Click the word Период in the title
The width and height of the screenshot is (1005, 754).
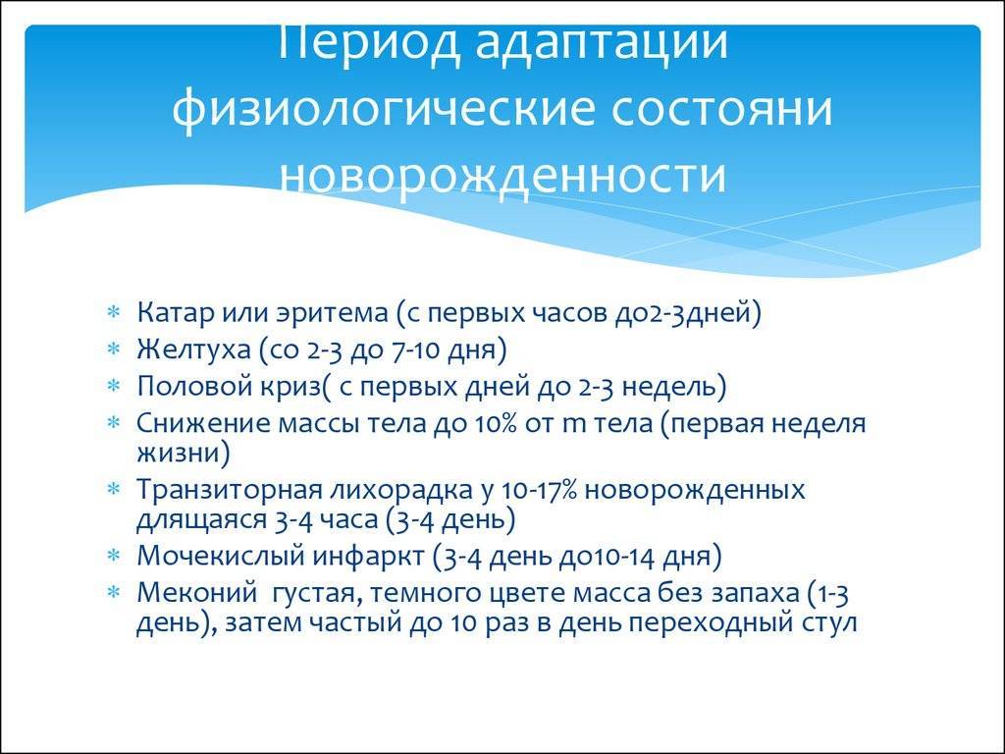click(x=368, y=42)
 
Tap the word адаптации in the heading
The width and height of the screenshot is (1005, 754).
click(x=602, y=42)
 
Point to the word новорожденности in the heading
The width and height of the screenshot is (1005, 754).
click(x=503, y=173)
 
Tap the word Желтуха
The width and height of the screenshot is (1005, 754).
click(x=194, y=350)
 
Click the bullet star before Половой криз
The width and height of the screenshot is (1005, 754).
click(x=114, y=387)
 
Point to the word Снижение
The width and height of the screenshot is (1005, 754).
click(x=203, y=424)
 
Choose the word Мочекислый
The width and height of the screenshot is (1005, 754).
click(x=221, y=556)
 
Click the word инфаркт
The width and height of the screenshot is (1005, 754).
click(x=369, y=556)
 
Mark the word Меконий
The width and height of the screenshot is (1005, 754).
click(x=196, y=593)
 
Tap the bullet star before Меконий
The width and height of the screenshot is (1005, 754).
click(x=114, y=592)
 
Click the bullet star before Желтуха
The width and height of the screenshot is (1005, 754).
click(x=114, y=350)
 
